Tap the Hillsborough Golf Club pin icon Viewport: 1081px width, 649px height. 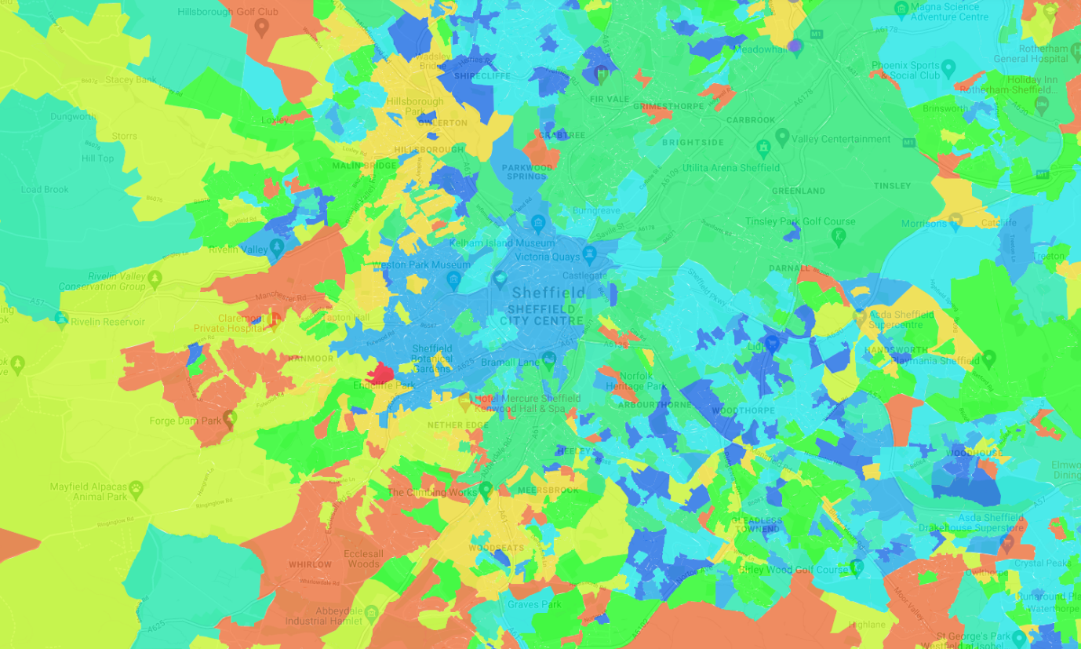point(261,27)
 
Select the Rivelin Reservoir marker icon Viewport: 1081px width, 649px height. point(61,319)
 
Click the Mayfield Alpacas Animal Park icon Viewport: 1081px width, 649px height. point(136,488)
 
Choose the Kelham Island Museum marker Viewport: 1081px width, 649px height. point(538,224)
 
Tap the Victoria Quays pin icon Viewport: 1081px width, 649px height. point(590,253)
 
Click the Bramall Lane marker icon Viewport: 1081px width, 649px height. point(549,359)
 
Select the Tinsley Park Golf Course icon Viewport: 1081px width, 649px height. point(839,234)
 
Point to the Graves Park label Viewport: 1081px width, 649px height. point(534,604)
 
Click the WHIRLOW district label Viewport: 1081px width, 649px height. point(310,564)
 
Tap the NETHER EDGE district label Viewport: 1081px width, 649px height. point(458,425)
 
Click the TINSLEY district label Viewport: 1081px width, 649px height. point(892,186)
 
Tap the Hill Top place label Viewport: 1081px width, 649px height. point(98,158)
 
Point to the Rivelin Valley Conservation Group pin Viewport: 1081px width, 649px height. point(155,278)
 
